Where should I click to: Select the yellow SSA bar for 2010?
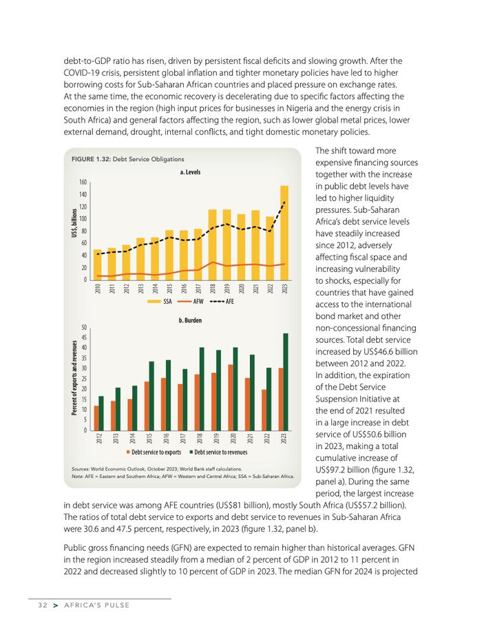click(97, 264)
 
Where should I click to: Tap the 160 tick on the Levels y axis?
click(83, 183)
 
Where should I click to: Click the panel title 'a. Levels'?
click(190, 171)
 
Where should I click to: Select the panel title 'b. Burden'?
click(190, 321)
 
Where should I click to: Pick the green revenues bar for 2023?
click(286, 382)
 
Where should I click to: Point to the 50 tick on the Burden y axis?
click(83, 328)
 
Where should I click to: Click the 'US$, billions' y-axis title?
click(74, 225)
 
